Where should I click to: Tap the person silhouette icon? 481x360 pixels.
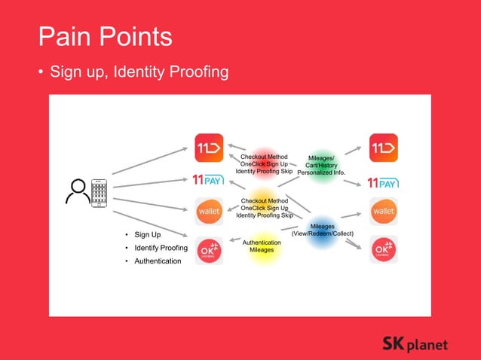tap(77, 192)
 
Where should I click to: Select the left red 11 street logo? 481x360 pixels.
tap(209, 147)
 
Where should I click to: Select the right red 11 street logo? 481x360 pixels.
tap(384, 147)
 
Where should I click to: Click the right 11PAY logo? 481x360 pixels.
tap(383, 182)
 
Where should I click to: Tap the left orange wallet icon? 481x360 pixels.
tap(209, 212)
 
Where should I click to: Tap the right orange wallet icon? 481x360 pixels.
tap(384, 212)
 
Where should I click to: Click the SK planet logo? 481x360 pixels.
tap(415, 344)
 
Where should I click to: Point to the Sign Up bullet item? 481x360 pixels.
tap(147, 235)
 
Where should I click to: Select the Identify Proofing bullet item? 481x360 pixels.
tap(161, 248)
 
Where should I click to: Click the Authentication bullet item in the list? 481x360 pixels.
tap(158, 261)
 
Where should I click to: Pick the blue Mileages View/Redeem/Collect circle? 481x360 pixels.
tap(323, 230)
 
